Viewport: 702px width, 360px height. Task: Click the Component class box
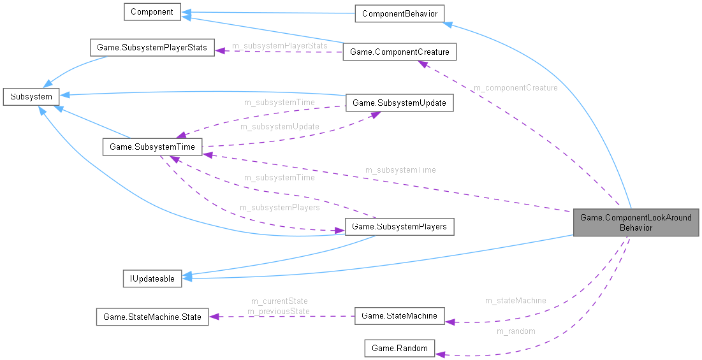coord(152,12)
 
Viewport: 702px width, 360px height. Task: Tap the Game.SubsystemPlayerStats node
coord(152,48)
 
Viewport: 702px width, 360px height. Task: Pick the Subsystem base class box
coord(31,97)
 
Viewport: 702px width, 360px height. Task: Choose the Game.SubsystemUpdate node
coord(399,103)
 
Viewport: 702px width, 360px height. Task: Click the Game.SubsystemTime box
coord(152,147)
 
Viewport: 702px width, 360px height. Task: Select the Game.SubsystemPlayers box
coord(399,227)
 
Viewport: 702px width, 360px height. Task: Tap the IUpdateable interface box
coord(152,278)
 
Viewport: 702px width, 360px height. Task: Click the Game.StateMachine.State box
coord(152,317)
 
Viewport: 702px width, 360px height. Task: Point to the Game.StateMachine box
coord(399,315)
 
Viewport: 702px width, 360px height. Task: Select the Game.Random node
coord(399,348)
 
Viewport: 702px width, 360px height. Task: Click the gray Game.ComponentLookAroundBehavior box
coord(636,222)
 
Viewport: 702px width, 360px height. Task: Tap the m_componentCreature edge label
coord(515,88)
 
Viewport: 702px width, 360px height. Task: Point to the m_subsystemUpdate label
coord(279,127)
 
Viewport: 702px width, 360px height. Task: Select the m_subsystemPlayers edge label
coord(279,208)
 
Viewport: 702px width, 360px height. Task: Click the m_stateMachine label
coord(515,301)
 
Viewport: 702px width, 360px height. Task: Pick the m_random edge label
coord(515,331)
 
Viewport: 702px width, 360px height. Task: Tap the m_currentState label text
coord(279,301)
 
